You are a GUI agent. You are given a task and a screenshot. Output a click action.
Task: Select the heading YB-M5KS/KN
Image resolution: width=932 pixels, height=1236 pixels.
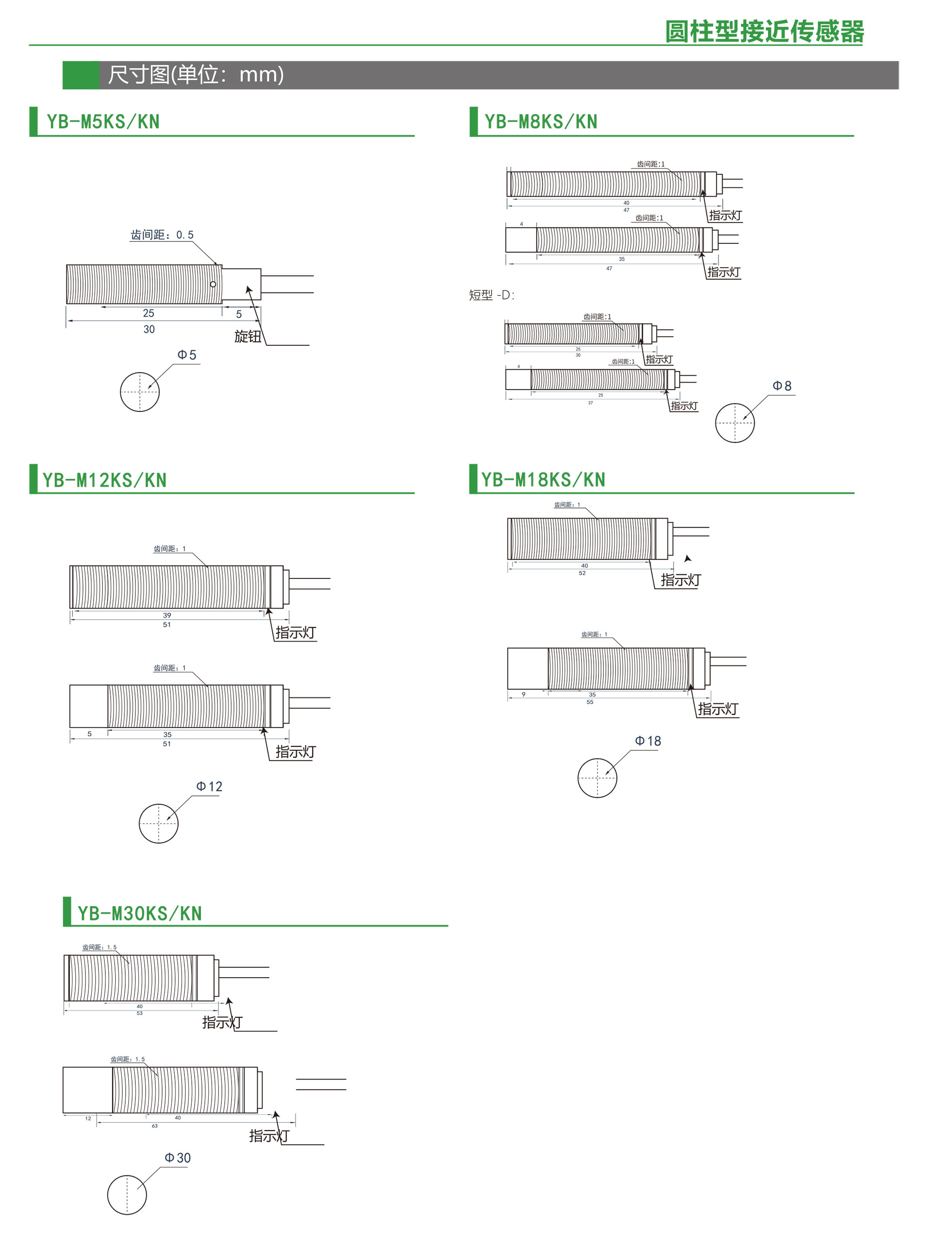coord(103,121)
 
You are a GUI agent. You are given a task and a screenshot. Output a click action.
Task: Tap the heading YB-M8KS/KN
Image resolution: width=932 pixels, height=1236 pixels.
coord(541,121)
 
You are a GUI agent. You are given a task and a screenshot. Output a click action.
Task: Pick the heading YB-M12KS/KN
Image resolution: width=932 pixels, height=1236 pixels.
coord(104,480)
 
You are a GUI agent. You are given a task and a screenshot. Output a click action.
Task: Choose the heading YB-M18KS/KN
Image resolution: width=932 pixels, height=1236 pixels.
coord(543,479)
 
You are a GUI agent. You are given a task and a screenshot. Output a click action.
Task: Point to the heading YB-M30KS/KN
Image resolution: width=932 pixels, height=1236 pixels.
coord(140,913)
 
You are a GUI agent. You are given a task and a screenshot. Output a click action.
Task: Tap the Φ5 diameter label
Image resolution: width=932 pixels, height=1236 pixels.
coord(187,355)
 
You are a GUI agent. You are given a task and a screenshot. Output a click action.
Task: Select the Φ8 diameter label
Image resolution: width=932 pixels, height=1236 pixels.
coord(782,386)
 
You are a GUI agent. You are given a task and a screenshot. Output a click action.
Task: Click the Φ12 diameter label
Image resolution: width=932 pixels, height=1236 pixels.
coord(209,786)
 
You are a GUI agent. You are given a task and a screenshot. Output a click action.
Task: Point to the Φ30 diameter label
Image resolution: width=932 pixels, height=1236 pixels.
coord(178,1158)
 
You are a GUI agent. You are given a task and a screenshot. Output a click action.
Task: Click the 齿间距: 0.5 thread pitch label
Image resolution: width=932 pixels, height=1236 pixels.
coord(162,235)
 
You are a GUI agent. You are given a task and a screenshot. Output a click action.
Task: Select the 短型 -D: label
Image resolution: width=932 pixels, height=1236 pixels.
coord(491,295)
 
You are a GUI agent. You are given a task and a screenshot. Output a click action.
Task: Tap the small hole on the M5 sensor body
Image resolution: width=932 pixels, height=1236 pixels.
coord(213,285)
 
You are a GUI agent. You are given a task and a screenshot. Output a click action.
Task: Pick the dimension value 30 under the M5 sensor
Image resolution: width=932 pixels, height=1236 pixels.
coord(149,329)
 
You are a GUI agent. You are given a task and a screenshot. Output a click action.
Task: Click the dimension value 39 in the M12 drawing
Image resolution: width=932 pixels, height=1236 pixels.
coord(167,615)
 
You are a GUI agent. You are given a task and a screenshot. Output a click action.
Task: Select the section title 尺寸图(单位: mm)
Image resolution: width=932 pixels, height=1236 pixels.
coord(196,74)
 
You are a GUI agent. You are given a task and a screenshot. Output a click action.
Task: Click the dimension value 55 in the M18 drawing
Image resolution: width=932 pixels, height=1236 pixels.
coord(590,702)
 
